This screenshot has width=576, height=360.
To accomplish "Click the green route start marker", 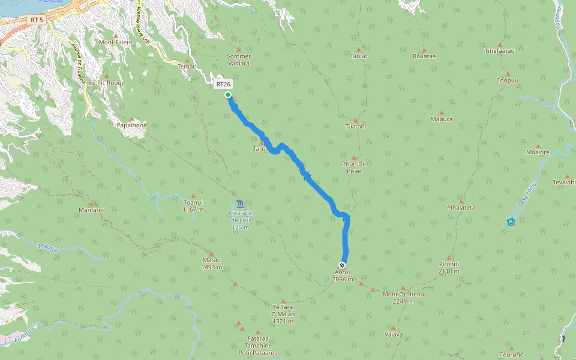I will (x=228, y=95).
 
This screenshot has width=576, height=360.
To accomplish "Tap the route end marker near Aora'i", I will (x=342, y=265).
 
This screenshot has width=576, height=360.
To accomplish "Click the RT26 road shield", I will (x=223, y=84).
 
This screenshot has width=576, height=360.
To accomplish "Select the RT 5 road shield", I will (x=36, y=20).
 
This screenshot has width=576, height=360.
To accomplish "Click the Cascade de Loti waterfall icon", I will (x=240, y=203).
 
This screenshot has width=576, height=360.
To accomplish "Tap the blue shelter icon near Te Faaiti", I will (x=511, y=221).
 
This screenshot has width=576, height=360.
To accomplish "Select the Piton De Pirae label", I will (x=353, y=167).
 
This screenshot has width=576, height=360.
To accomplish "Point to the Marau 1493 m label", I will (x=212, y=263).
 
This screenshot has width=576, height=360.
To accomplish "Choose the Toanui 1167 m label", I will (x=193, y=206).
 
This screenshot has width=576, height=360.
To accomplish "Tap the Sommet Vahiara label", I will (x=238, y=60).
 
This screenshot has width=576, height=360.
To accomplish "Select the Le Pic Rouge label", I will (x=107, y=83).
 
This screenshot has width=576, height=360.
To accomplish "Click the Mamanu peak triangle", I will (x=92, y=204).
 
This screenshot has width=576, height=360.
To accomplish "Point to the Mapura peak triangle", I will (x=442, y=112).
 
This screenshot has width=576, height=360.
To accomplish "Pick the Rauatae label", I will (x=424, y=56).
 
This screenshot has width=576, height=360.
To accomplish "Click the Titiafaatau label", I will (x=500, y=51).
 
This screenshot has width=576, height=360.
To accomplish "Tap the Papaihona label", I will (x=132, y=125).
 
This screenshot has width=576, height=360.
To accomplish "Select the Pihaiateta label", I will (x=461, y=208).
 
